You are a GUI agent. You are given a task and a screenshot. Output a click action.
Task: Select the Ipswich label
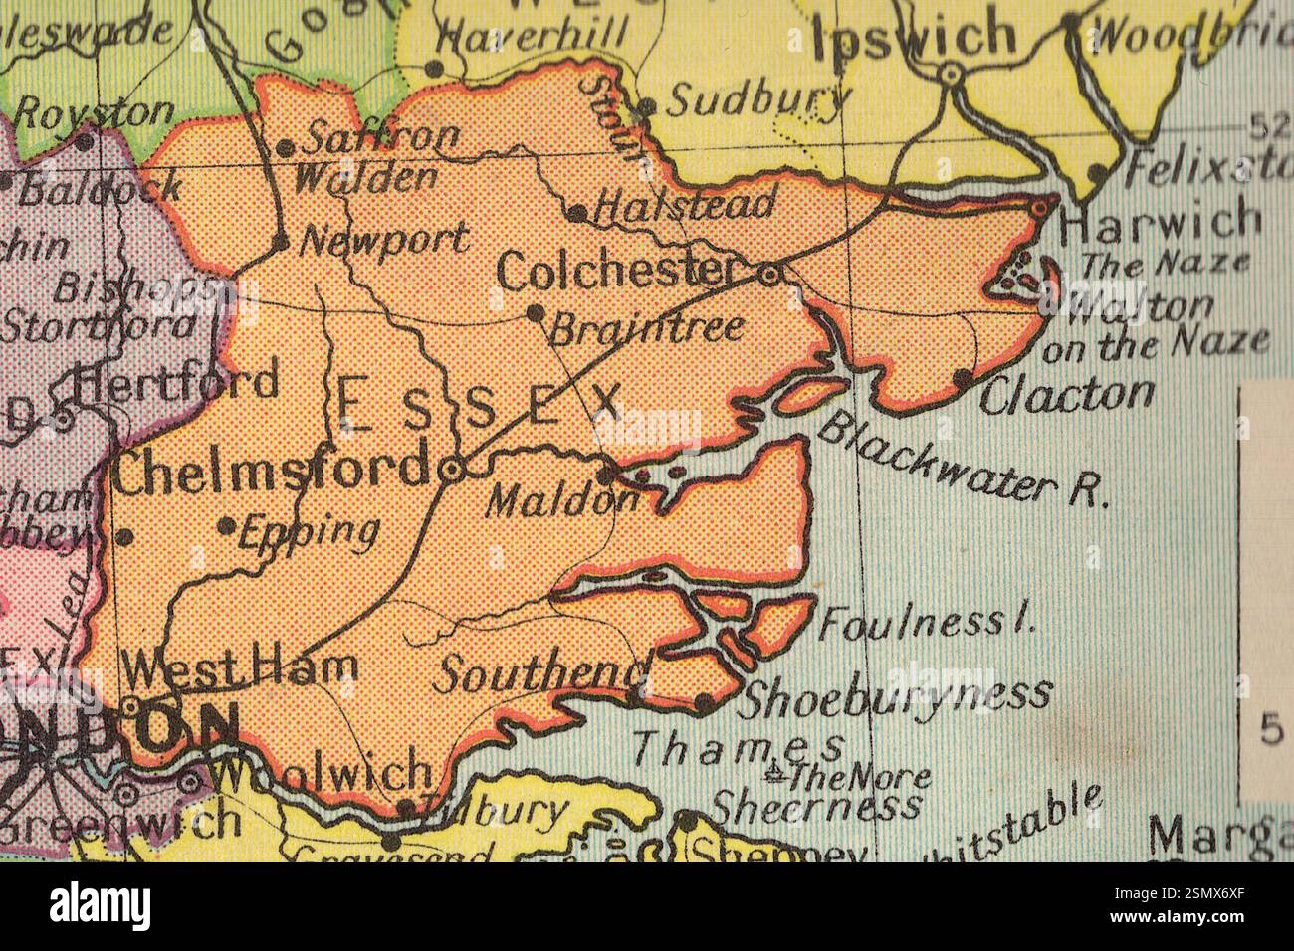coord(914,38)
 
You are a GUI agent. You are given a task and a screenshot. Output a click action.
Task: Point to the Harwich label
coord(1160,222)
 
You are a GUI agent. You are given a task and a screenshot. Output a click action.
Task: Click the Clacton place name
coord(1067,395)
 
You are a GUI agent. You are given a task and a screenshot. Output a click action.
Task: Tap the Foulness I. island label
coord(927,623)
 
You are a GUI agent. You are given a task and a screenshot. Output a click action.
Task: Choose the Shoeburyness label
coord(894,695)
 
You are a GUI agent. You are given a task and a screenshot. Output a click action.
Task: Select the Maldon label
coord(559,500)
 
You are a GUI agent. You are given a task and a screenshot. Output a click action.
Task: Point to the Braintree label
coord(647,327)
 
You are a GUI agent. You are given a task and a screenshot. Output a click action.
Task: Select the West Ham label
coord(244,666)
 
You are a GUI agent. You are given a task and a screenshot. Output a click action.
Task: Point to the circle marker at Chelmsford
coord(451,471)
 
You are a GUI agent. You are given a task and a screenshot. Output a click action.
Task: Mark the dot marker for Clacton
coord(962,377)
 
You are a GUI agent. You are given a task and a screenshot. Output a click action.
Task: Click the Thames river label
coord(739,745)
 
